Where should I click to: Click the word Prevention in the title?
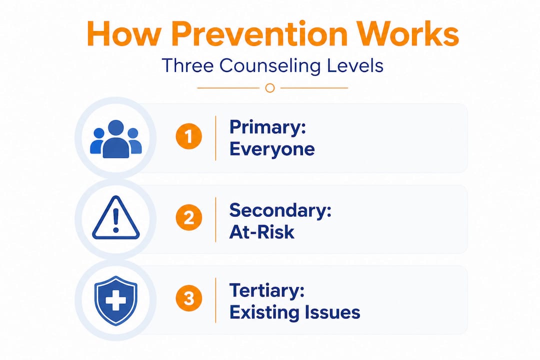point(259,34)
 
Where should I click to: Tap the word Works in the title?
point(408,34)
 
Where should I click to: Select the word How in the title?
point(124,34)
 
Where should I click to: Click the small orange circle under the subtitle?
point(270,88)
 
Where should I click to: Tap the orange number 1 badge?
point(188,136)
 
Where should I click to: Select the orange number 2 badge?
point(188,217)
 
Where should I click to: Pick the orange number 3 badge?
point(188,298)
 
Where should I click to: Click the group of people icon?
point(115,139)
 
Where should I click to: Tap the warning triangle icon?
point(115,217)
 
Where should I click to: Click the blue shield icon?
point(115,300)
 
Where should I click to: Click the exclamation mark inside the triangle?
point(115,220)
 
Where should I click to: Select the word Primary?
point(267,128)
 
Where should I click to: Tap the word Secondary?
point(280,210)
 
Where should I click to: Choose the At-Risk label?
point(261,232)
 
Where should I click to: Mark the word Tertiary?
point(267,291)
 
